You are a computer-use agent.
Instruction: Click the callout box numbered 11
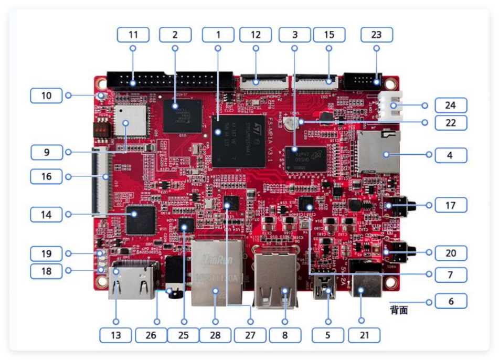click(133, 35)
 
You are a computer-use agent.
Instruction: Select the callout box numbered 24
click(450, 105)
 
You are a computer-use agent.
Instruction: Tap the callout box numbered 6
click(450, 302)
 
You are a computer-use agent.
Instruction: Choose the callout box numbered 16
click(47, 176)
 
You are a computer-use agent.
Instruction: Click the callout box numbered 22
click(450, 123)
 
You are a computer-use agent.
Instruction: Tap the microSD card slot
click(378, 153)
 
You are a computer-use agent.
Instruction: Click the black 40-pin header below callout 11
click(171, 82)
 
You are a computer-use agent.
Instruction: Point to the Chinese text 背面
click(399, 310)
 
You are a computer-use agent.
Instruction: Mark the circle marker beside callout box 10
click(68, 96)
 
